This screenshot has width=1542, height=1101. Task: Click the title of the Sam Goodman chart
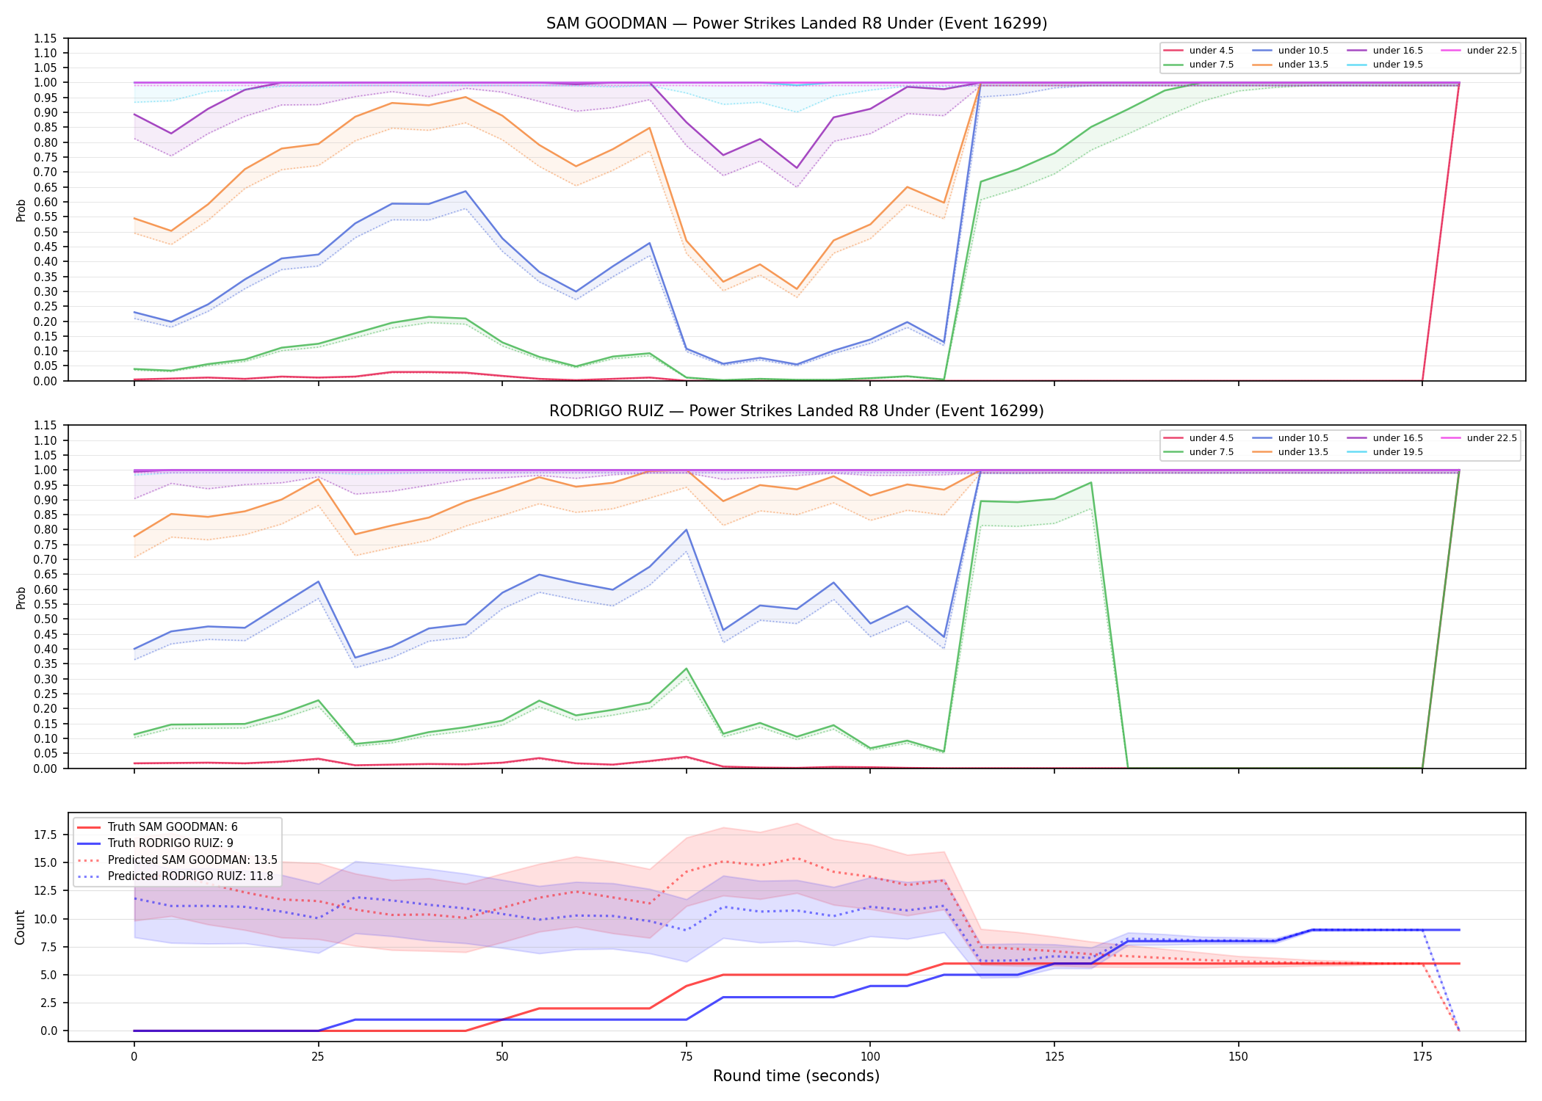pyautogui.click(x=797, y=23)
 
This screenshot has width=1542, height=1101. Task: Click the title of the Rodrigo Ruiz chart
pyautogui.click(x=797, y=411)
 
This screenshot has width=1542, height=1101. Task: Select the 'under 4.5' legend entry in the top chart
pyautogui.click(x=1199, y=51)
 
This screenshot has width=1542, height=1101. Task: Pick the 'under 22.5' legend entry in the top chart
pyautogui.click(x=1479, y=51)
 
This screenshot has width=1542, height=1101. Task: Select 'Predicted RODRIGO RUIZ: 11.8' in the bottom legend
pyautogui.click(x=176, y=876)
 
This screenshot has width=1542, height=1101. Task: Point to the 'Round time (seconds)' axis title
pyautogui.click(x=796, y=1076)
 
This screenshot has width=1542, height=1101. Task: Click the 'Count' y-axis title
pyautogui.click(x=21, y=927)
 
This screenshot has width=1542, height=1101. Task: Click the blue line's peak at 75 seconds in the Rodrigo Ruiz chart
pyautogui.click(x=686, y=529)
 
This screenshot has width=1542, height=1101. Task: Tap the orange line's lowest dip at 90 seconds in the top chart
pyautogui.click(x=797, y=289)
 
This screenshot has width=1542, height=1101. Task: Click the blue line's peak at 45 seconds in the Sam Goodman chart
pyautogui.click(x=465, y=192)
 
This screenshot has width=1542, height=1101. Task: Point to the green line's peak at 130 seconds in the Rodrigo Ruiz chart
pyautogui.click(x=1091, y=482)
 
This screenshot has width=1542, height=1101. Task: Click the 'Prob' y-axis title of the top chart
pyautogui.click(x=21, y=210)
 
